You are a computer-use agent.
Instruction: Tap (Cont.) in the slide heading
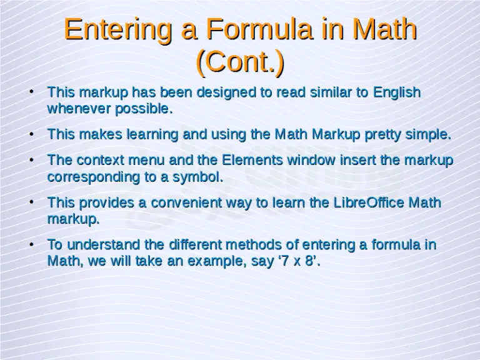pyautogui.click(x=240, y=61)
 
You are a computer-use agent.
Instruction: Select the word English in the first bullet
pyautogui.click(x=397, y=92)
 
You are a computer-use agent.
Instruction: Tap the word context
pyautogui.click(x=99, y=160)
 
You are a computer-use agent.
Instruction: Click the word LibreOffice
pyautogui.click(x=369, y=202)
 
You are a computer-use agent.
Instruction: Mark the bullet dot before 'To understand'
pyautogui.click(x=31, y=244)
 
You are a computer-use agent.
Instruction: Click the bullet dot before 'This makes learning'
pyautogui.click(x=31, y=134)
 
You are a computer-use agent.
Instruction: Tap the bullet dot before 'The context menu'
pyautogui.click(x=31, y=159)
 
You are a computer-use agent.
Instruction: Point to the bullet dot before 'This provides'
pyautogui.click(x=31, y=202)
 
